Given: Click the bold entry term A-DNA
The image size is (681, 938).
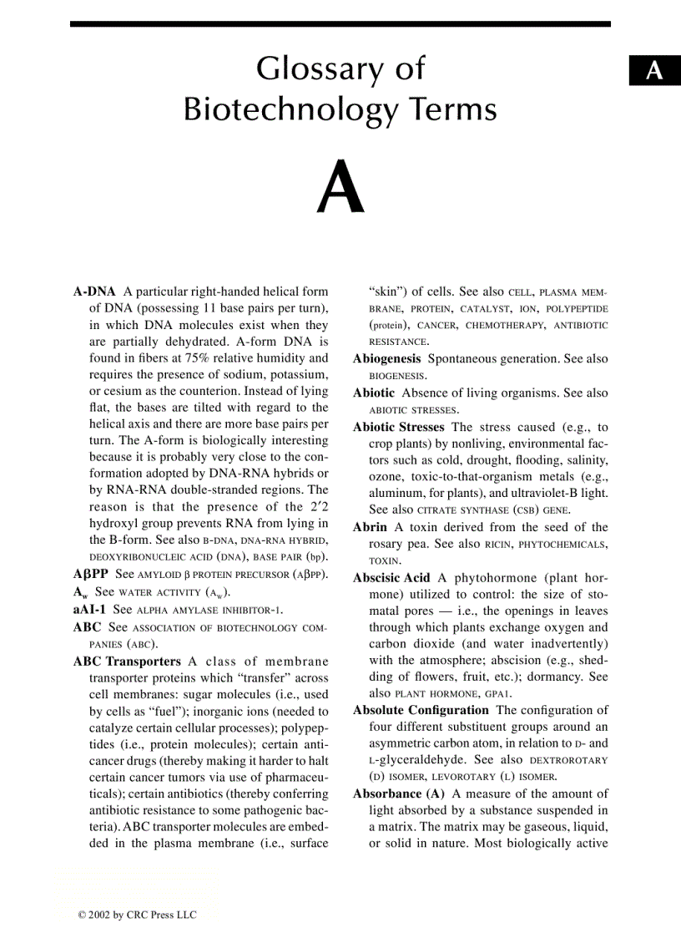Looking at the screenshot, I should point(94,292).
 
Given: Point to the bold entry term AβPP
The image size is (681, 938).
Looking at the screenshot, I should point(90,574).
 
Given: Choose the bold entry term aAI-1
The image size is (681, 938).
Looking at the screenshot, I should point(89,609).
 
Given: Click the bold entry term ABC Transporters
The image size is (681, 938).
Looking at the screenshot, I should point(127,661).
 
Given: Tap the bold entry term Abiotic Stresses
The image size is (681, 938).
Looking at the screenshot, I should point(398,427).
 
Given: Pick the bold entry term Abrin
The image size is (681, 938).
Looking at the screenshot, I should point(370,527).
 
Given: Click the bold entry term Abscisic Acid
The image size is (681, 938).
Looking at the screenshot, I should point(391,577).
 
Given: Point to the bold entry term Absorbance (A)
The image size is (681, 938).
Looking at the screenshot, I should point(399,793).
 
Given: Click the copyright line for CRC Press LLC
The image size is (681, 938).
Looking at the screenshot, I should point(137,915).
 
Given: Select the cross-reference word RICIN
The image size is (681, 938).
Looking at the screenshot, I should point(497,545).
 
